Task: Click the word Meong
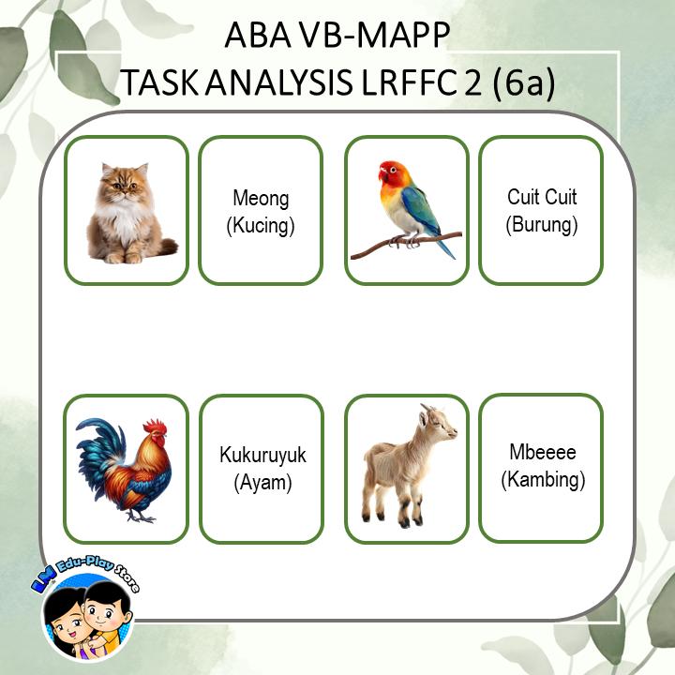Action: point(261,199)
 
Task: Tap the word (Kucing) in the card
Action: point(261,225)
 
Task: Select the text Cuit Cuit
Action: point(542,198)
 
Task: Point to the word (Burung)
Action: point(542,225)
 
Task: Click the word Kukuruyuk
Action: point(262,457)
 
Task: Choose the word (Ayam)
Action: point(262,483)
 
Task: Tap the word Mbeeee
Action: point(542,453)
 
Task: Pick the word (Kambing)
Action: point(542,480)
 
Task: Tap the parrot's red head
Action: point(392,175)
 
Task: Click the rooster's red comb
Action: point(156,427)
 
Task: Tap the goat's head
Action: point(435,422)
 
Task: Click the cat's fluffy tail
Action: point(166,247)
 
